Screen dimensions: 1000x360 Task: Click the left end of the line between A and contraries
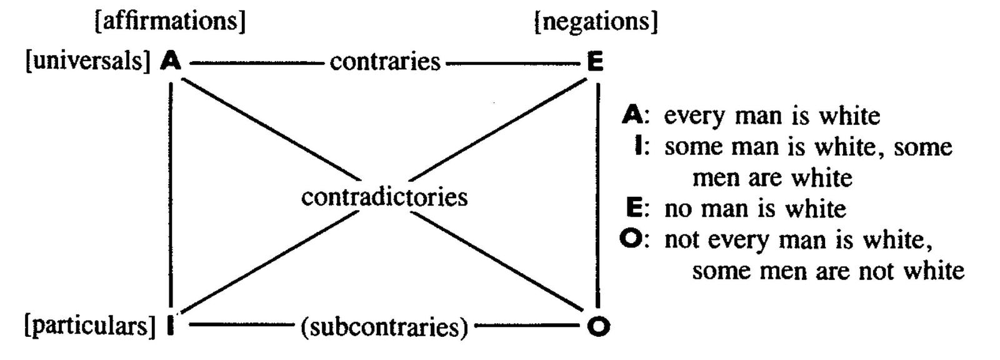click(190, 63)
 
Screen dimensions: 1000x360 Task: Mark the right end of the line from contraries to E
click(581, 63)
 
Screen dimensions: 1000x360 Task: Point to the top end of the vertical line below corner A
click(171, 82)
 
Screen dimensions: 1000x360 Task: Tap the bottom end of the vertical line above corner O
click(597, 308)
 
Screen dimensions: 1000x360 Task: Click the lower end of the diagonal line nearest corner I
click(182, 311)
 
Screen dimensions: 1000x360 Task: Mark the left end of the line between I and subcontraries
click(190, 324)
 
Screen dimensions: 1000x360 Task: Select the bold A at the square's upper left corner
click(171, 61)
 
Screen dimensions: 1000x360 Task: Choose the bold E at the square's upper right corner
click(596, 61)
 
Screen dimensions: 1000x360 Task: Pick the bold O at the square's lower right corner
click(598, 326)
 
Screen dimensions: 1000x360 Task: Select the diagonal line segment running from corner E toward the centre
click(498, 129)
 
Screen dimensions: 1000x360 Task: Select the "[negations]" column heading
click(596, 21)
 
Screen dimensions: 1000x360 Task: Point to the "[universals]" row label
click(88, 61)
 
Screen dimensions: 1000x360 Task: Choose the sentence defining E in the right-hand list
click(755, 209)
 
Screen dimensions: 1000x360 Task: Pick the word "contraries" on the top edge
click(385, 62)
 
